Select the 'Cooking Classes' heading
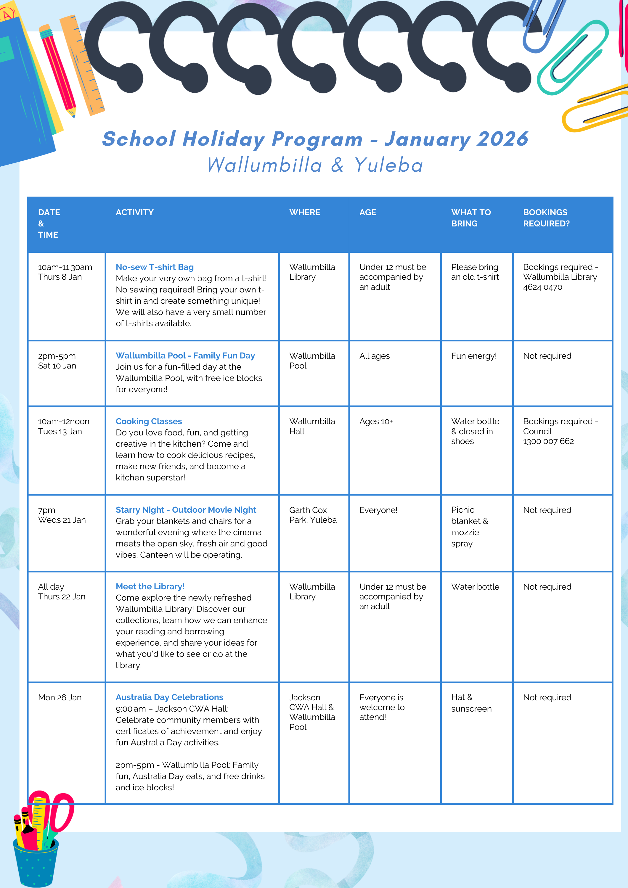tap(149, 421)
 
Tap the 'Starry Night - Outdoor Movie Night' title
tap(186, 510)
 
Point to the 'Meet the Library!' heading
tap(150, 586)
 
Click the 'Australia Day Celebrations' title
tap(169, 697)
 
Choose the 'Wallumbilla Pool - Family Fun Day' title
tap(185, 355)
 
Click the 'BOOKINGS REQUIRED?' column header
tap(546, 218)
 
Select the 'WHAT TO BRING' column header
tap(470, 218)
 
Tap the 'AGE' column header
tap(367, 212)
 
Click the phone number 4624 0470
tap(542, 287)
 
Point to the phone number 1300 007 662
tap(548, 441)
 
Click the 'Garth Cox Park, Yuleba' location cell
tap(313, 515)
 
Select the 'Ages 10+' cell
tap(376, 421)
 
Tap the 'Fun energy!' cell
tap(474, 356)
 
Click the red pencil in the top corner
tap(58, 72)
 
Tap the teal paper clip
tap(572, 58)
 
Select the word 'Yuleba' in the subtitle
tap(388, 165)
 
